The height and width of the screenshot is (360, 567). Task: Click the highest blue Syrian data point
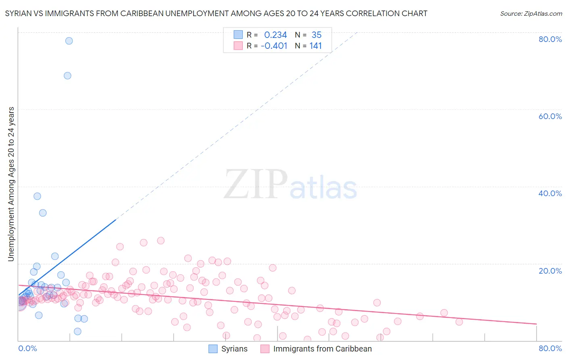tap(69, 41)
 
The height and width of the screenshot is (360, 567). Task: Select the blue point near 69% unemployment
tap(67, 76)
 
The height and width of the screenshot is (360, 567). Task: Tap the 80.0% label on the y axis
tap(550, 39)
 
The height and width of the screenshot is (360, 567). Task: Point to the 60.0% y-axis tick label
tap(550, 116)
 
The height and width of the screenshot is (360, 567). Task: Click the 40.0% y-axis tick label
tap(550, 193)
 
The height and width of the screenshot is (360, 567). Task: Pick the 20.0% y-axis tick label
tap(550, 270)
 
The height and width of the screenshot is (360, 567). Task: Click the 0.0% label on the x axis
tap(27, 348)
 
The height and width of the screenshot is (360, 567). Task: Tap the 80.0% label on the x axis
tap(550, 348)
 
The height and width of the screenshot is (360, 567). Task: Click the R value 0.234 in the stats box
tap(275, 35)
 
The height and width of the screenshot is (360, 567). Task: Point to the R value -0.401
tap(274, 46)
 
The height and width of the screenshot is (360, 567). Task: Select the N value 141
tap(315, 46)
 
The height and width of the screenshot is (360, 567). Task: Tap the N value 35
tap(316, 35)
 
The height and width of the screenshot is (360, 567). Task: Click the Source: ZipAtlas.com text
tap(531, 14)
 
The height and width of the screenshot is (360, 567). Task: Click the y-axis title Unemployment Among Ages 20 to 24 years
tap(11, 184)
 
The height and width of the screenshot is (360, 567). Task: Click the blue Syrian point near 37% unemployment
tap(37, 196)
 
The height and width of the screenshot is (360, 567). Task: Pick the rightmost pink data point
tap(459, 322)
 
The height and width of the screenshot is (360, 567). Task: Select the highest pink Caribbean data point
tap(161, 241)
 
